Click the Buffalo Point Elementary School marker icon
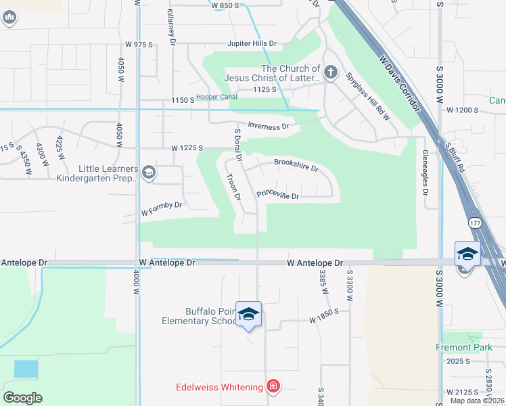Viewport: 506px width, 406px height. [248, 314]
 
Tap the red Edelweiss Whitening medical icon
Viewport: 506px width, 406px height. [273, 386]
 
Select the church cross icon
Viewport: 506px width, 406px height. [330, 72]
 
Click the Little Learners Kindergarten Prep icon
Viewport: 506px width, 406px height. [148, 173]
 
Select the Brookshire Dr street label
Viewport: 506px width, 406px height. [296, 163]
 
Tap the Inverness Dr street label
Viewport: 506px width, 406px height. [269, 125]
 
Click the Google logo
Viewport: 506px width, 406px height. [22, 398]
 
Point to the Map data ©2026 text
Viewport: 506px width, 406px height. [476, 401]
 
